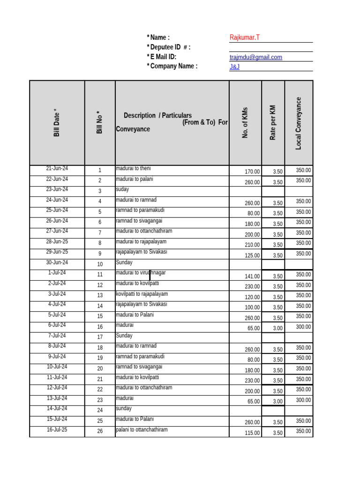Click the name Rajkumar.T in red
tap(244, 37)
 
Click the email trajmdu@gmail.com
tap(256, 57)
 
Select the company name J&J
tap(234, 67)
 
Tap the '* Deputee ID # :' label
tap(168, 47)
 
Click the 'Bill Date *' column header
tap(57, 123)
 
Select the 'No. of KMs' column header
tap(245, 123)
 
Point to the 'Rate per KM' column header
tap(273, 123)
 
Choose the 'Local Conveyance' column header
tap(299, 123)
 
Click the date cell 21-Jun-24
tap(57, 168)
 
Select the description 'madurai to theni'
tap(133, 168)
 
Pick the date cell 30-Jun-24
tap(57, 262)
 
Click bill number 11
tap(100, 275)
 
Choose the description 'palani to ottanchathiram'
tap(142, 429)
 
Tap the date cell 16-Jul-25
tap(57, 429)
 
